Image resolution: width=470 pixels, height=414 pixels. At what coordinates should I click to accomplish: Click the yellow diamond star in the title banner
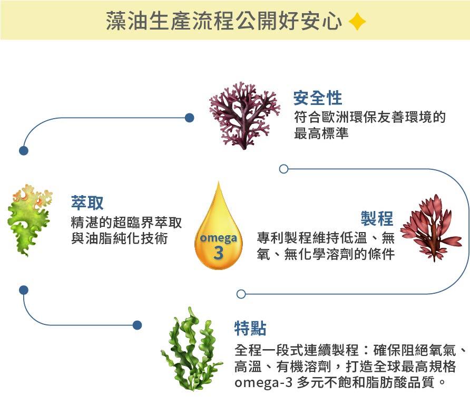357,21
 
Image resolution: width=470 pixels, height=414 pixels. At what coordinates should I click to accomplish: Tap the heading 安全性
318,98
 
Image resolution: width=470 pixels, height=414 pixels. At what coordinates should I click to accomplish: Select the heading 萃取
87,203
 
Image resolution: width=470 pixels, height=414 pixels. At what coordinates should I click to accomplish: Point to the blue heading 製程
377,218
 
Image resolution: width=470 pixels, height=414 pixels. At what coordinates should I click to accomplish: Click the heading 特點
250,328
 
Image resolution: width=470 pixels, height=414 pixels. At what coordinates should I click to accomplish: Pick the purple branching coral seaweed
244,116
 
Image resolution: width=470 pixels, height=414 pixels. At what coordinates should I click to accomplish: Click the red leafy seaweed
430,227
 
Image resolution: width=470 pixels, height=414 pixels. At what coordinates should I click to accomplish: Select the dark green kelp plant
192,350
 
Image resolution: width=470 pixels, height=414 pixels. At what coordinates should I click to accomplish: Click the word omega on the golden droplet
218,238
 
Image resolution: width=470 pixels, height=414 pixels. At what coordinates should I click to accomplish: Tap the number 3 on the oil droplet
219,253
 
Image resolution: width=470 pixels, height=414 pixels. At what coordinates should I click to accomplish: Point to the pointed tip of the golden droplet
219,181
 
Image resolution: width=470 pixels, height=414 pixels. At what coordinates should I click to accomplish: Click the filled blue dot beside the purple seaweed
190,118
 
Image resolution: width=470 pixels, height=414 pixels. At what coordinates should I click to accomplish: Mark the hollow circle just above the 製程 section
283,169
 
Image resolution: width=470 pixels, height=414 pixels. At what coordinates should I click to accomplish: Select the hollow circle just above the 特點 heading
241,294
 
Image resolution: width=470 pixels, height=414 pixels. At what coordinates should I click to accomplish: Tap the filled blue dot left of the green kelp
137,325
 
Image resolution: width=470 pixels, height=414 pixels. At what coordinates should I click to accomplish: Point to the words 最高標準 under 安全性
321,133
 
